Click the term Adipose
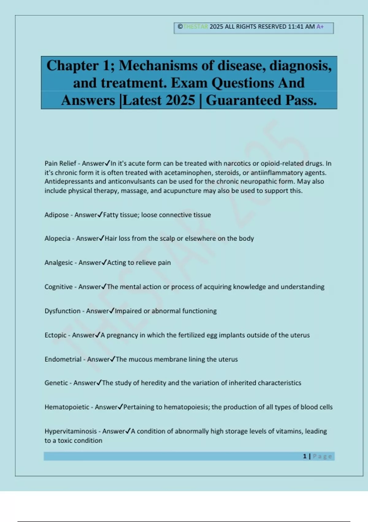[x=56, y=215]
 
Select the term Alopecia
[x=57, y=239]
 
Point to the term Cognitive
[x=59, y=287]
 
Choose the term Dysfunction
[x=63, y=311]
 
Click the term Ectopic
[x=56, y=335]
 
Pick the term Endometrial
[x=63, y=359]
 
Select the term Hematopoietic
[x=67, y=407]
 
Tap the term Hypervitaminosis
[x=71, y=431]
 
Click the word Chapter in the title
[x=72, y=66]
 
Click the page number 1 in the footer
[x=305, y=456]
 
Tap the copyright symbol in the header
[x=180, y=27]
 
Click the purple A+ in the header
[x=320, y=27]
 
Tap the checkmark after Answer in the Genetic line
[x=99, y=383]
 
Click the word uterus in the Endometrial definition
[x=228, y=359]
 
